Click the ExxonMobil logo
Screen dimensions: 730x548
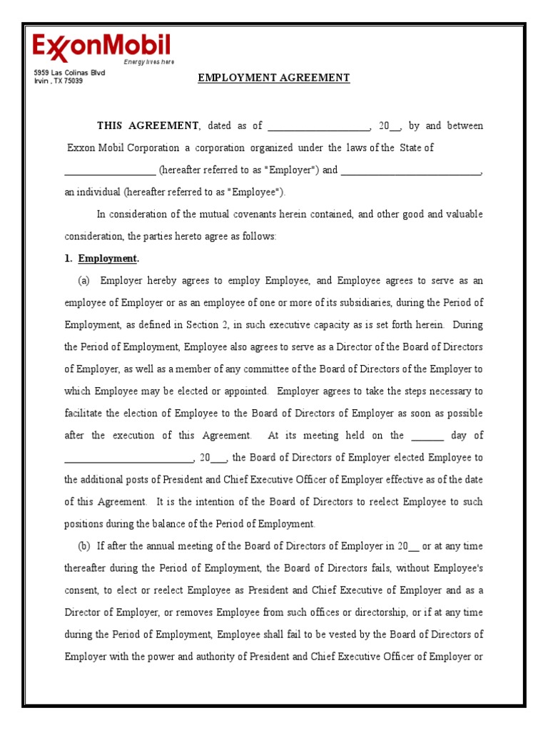coord(101,47)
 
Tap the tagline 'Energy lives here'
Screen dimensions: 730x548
coord(148,62)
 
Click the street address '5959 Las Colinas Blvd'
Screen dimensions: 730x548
coord(69,73)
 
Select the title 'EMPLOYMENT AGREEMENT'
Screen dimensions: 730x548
coord(273,78)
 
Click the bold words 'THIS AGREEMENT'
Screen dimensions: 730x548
coord(148,126)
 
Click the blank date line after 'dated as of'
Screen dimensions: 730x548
coord(318,127)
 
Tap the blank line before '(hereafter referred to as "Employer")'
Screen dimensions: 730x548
coord(110,171)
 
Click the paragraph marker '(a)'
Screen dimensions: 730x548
coord(83,281)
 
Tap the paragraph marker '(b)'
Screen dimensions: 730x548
coord(83,547)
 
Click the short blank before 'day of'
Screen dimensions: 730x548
coord(427,436)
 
